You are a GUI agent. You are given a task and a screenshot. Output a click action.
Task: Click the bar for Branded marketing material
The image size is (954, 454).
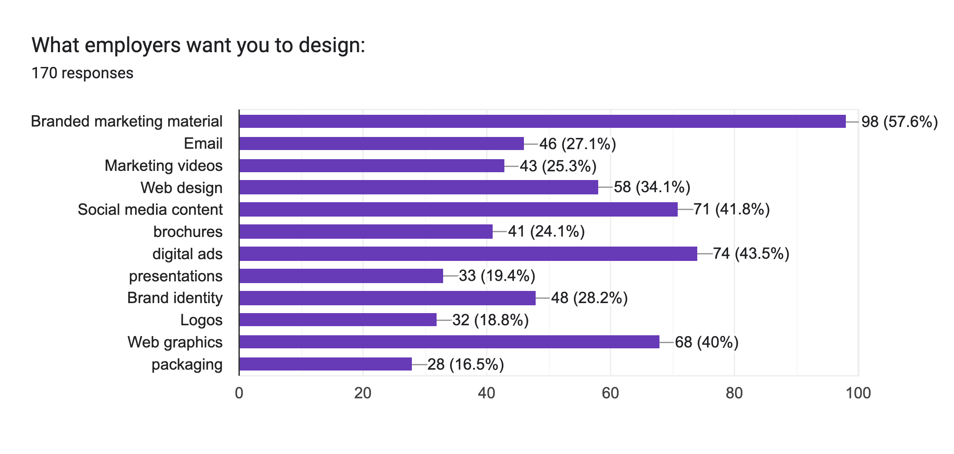coord(542,121)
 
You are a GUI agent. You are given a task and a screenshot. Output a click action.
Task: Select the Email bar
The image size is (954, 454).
coord(381,144)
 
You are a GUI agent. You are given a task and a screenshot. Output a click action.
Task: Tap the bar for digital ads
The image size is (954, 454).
coord(468,254)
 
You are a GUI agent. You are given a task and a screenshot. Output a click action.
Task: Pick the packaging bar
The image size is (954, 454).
coord(325,364)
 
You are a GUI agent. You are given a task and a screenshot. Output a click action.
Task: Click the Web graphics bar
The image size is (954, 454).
coord(449,342)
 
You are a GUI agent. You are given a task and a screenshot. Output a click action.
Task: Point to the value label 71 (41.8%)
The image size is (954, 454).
coord(732,210)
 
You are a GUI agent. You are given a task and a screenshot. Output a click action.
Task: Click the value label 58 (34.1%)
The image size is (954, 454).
coord(652,187)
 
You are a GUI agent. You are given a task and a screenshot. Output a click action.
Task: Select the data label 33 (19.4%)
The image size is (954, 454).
coord(497,276)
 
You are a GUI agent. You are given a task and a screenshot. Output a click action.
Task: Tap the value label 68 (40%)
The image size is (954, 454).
coord(706,342)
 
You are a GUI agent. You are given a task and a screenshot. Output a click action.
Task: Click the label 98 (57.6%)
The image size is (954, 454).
coord(899,122)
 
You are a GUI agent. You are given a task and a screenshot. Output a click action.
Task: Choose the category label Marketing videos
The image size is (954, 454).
coord(163,166)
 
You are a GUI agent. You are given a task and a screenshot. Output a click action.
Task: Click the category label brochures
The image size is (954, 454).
coord(188,232)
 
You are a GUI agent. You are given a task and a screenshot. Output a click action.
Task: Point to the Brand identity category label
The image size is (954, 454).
coord(175,298)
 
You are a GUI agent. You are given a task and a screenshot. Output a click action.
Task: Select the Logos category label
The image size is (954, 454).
coord(201,320)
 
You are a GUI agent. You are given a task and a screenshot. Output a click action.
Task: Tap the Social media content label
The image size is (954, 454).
coord(150,210)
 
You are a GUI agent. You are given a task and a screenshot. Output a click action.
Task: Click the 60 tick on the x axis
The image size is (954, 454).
coord(610,393)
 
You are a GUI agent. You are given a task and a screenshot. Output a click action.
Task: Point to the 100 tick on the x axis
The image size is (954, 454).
coord(858,393)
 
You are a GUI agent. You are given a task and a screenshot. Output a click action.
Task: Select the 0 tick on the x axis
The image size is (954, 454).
coord(239,393)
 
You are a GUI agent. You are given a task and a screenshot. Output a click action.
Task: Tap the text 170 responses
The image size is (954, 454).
coord(83,73)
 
